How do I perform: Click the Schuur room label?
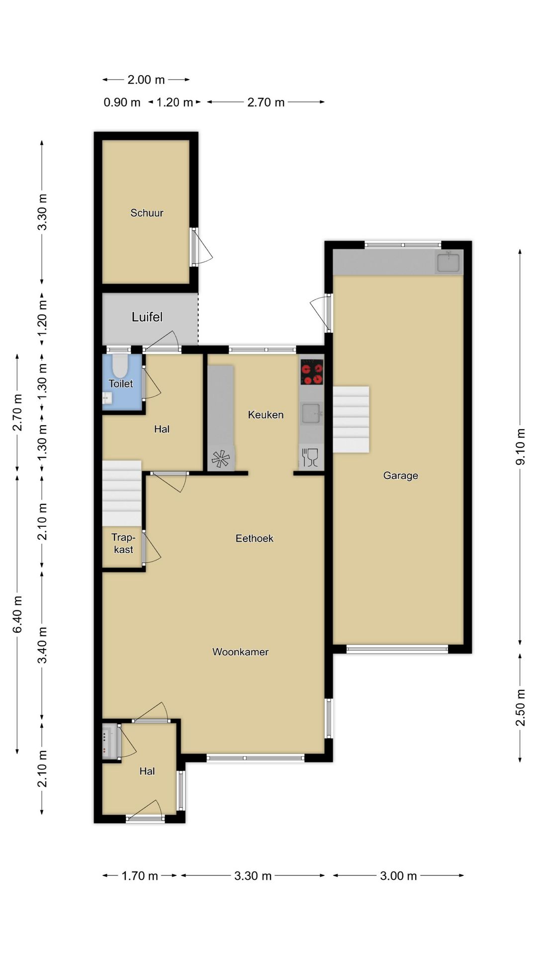pos(147,213)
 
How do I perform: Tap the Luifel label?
pos(147,317)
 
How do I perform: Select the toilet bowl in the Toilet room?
pos(119,366)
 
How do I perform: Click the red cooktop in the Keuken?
pos(312,372)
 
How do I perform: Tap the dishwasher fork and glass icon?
pos(310,457)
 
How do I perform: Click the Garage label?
pos(401,476)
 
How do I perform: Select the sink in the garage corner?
pos(448,262)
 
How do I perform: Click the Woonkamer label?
pos(241,652)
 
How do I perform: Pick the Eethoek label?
pos(255,538)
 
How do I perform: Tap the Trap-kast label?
pos(123,543)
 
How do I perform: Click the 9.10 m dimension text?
pos(521,447)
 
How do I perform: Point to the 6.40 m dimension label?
pos(18,614)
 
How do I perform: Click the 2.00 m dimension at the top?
pos(146,80)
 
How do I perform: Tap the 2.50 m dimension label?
pos(521,707)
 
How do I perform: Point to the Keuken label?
pos(266,415)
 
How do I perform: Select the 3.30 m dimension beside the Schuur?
pos(43,212)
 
